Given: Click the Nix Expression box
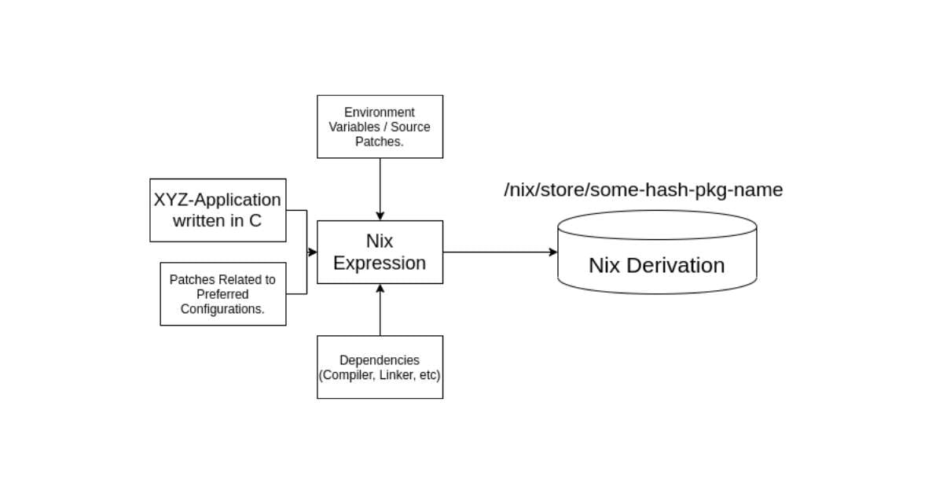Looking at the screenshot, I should [380, 252].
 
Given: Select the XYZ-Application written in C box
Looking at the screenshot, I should [218, 210].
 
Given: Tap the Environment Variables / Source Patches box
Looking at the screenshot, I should [380, 127].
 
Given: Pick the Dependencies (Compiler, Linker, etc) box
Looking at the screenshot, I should [380, 367].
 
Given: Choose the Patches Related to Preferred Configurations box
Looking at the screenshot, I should [222, 294].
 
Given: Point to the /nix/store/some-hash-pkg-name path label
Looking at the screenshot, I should [644, 190].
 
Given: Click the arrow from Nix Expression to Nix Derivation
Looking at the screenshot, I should [499, 252].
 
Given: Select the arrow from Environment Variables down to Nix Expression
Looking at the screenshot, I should [380, 189].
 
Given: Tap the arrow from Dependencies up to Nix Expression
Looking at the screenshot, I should [380, 311].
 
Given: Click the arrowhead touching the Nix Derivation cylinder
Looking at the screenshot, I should [553, 252].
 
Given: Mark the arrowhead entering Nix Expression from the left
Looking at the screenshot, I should [313, 252].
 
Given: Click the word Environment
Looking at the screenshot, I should [380, 112].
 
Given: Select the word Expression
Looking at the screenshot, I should [380, 263].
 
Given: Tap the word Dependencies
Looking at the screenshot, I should [380, 360].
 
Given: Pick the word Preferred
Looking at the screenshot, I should [222, 294].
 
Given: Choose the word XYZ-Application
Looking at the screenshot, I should [218, 200].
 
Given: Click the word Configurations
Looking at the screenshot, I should [222, 309].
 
